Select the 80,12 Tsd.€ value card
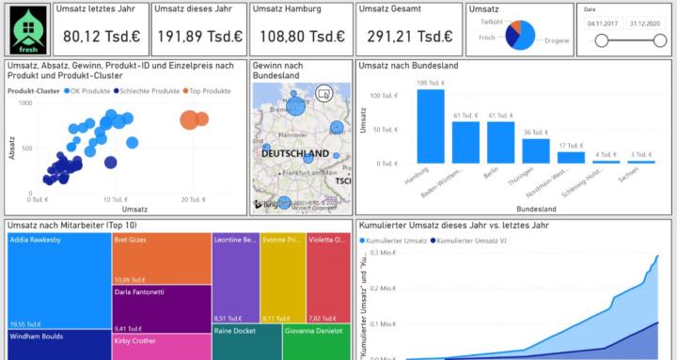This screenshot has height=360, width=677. coord(100,36)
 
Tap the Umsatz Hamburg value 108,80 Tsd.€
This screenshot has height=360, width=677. coord(303,36)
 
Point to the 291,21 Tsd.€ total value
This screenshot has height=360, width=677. coord(409,36)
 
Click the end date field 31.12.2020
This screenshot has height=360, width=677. coord(644,23)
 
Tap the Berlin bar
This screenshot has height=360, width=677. coord(500,143)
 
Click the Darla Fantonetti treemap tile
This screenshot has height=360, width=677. coord(160,310)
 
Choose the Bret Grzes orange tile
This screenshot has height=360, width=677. coord(160,258)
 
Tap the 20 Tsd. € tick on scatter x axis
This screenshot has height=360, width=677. coord(192,200)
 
